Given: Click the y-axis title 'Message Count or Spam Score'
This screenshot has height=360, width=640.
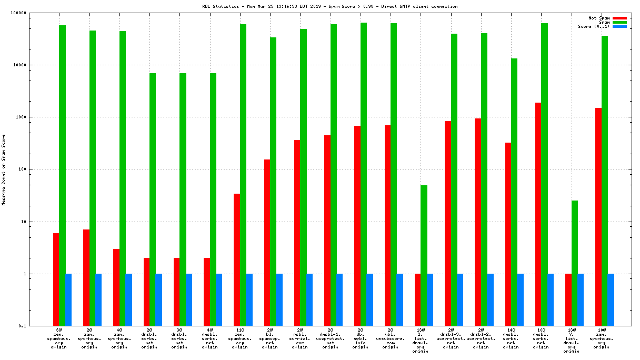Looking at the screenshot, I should point(4,169).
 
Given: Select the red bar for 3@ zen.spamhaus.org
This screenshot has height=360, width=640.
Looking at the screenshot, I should point(56,279).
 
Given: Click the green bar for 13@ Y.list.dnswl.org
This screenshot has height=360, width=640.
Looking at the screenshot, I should point(575,263).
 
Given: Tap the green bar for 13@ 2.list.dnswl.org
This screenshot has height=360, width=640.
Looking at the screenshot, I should point(424,255).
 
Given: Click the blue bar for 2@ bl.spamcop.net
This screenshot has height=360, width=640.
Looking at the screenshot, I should point(279,300).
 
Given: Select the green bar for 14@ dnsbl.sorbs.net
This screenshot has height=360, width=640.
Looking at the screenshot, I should point(514,192).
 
